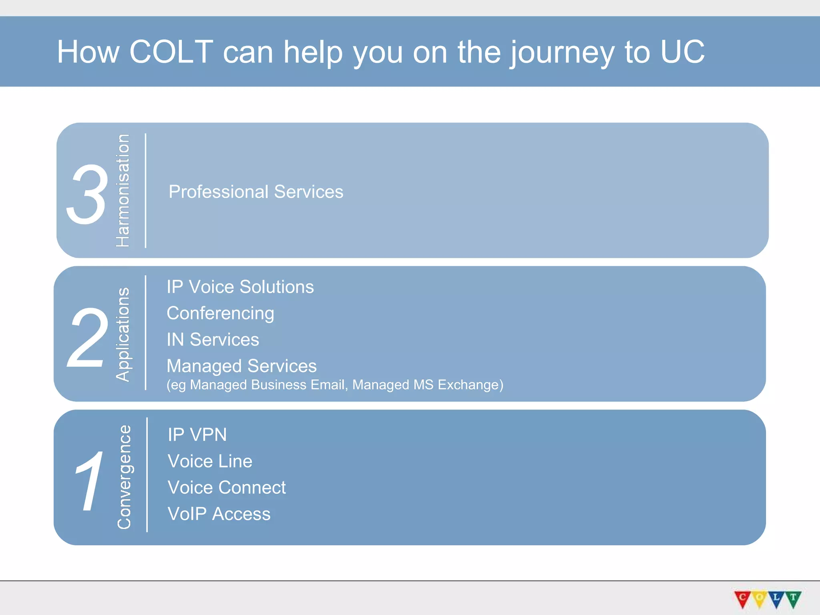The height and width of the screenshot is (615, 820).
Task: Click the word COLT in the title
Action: point(171,52)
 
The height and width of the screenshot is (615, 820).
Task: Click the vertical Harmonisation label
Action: point(123,191)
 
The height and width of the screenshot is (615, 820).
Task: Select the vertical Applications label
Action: point(123,334)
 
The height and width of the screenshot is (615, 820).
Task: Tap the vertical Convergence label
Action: point(124,477)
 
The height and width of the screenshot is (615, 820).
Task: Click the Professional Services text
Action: point(256,192)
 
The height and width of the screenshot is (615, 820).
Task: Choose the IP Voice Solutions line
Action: point(240,287)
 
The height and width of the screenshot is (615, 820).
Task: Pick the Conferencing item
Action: point(220,314)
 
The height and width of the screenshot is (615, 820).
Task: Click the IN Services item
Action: point(213,340)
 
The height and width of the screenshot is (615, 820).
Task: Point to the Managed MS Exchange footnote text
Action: point(427,385)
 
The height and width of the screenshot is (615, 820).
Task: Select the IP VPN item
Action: point(197,435)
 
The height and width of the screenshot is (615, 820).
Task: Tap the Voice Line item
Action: point(210,461)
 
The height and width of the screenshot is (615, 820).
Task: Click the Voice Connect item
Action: point(227,488)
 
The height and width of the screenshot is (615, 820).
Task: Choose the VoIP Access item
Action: point(219,514)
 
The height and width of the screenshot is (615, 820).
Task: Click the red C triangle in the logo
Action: point(742,598)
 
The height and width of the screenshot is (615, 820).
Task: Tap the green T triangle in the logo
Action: point(793,598)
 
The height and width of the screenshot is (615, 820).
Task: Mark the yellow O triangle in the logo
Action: point(760,598)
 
